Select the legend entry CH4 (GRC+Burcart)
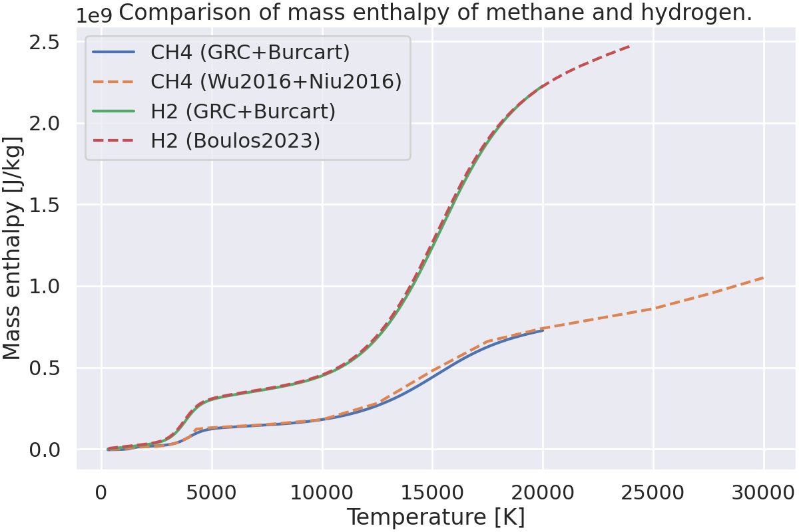pos(250,51)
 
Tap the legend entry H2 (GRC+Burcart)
pos(243,111)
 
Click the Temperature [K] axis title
pos(435,517)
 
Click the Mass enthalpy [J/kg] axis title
pos(13,248)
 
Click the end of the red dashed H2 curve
pos(631,46)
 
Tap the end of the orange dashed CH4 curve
pos(763,277)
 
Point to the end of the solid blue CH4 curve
pos(543,331)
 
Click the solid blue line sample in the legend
pos(115,52)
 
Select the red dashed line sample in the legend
pos(115,142)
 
